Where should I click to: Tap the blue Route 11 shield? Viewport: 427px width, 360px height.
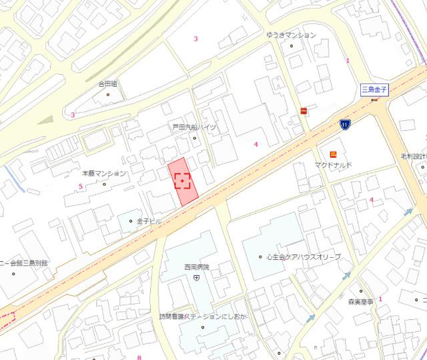pos(344,124)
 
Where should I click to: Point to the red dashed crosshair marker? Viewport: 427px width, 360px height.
pos(183,181)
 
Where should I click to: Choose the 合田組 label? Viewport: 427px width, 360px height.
pos(107,84)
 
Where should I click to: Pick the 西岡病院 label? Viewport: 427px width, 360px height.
pos(196,267)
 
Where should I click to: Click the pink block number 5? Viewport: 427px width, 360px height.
pos(80,186)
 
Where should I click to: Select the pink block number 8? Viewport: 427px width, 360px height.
pos(139,357)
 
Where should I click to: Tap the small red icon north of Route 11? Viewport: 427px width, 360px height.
pos(304,111)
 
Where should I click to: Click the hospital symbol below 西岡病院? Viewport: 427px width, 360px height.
pos(196,277)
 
